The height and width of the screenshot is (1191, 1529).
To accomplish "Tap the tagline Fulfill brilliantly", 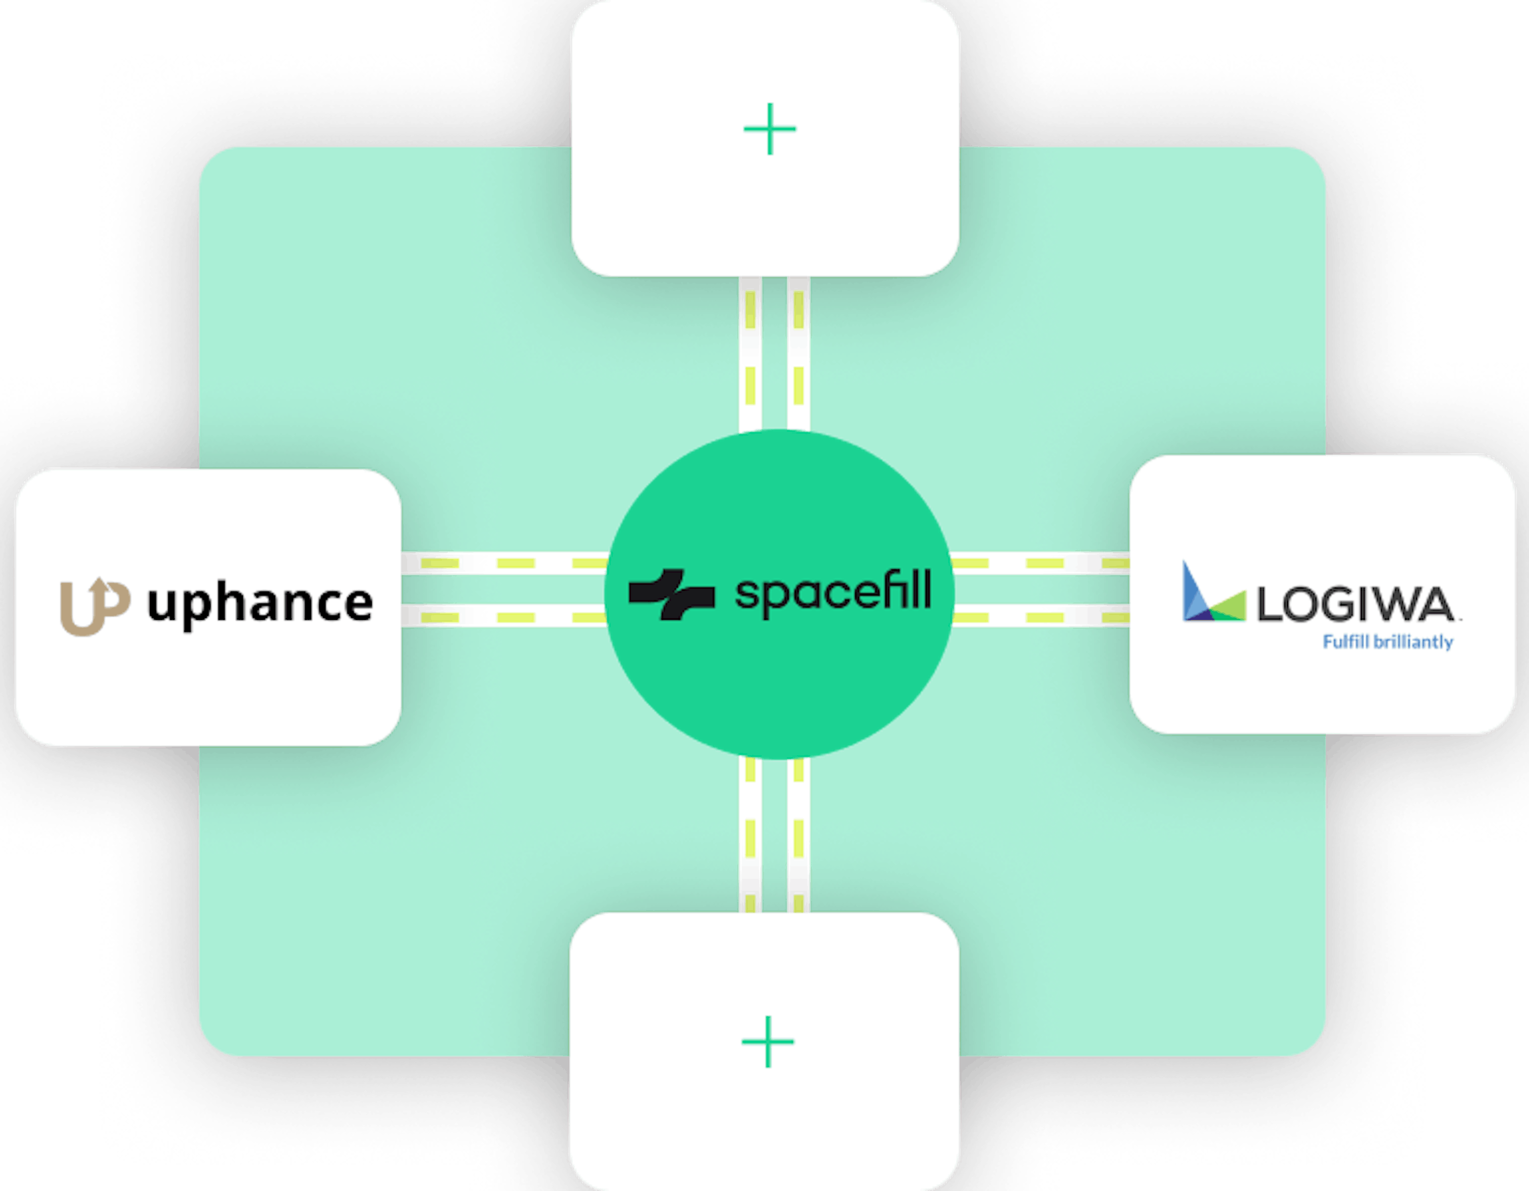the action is point(1388,642).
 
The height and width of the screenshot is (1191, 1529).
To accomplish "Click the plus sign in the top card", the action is point(769,129).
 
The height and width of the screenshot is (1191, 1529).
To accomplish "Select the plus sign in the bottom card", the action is point(767,1042).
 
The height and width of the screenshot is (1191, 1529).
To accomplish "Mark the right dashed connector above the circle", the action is point(799,354).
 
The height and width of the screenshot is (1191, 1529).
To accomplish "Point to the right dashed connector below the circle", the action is point(799,834).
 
